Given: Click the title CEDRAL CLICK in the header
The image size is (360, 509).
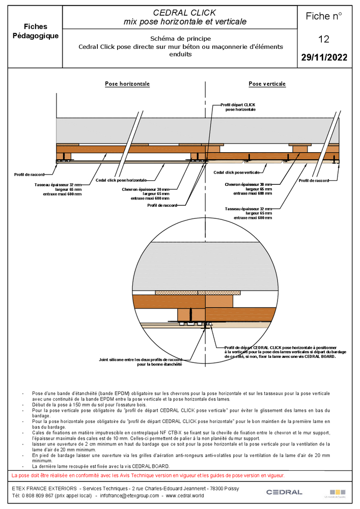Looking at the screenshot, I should (185, 13).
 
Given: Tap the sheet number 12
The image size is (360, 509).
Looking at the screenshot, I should (324, 39).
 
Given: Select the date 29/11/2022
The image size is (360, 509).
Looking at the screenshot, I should (324, 58).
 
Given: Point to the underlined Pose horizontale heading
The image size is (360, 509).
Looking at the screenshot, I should (127, 84).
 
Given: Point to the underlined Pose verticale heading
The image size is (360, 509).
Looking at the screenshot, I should (267, 84).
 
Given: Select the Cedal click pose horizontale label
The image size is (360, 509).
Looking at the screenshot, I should (121, 180).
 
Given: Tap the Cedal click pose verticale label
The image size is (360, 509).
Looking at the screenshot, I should (236, 173).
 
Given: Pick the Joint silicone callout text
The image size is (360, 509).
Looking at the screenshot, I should (141, 361).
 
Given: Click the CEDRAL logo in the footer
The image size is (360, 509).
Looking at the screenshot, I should (284, 492).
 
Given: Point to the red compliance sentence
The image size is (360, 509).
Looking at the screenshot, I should (148, 475).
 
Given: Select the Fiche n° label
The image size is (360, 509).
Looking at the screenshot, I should (324, 16).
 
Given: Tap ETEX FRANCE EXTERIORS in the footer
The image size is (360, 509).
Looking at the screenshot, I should (45, 488).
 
